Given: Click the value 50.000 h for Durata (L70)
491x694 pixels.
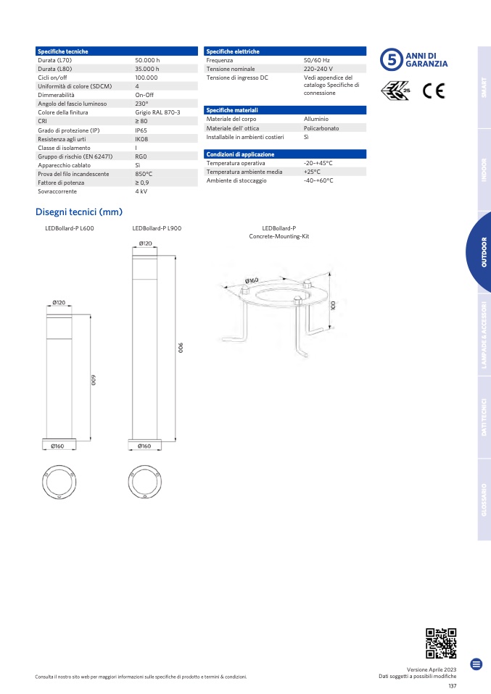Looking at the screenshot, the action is tap(147, 60).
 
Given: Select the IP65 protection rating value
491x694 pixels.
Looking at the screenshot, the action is tap(141, 130).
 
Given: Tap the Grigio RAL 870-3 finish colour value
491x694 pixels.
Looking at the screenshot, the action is tap(157, 112).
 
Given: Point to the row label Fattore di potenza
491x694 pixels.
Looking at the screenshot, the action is tap(61, 183).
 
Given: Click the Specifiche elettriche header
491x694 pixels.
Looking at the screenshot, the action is tap(233, 51).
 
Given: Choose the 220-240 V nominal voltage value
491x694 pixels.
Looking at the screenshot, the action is tap(318, 69).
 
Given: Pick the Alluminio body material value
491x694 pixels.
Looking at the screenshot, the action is tap(316, 119).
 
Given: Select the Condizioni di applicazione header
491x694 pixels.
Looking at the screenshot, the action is tap(240, 154).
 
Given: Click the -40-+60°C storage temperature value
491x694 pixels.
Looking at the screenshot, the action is tap(318, 180).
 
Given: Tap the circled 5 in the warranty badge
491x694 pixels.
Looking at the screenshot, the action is tap(392, 59).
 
